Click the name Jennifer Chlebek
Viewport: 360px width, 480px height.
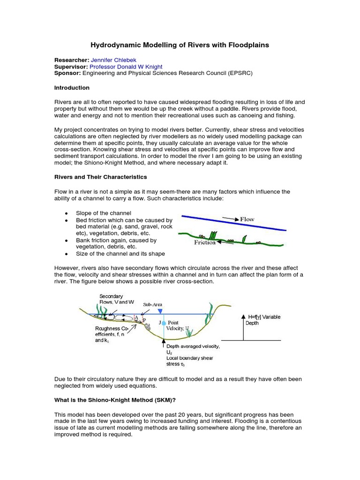117,60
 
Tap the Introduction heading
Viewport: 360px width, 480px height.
72,88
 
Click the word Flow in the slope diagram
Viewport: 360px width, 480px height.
247,219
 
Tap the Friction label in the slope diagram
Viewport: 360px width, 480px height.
205,242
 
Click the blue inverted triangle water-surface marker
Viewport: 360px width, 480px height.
160,311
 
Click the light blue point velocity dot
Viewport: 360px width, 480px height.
164,323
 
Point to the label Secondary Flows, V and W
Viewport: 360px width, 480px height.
113,299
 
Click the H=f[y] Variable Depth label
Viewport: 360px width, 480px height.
262,320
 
